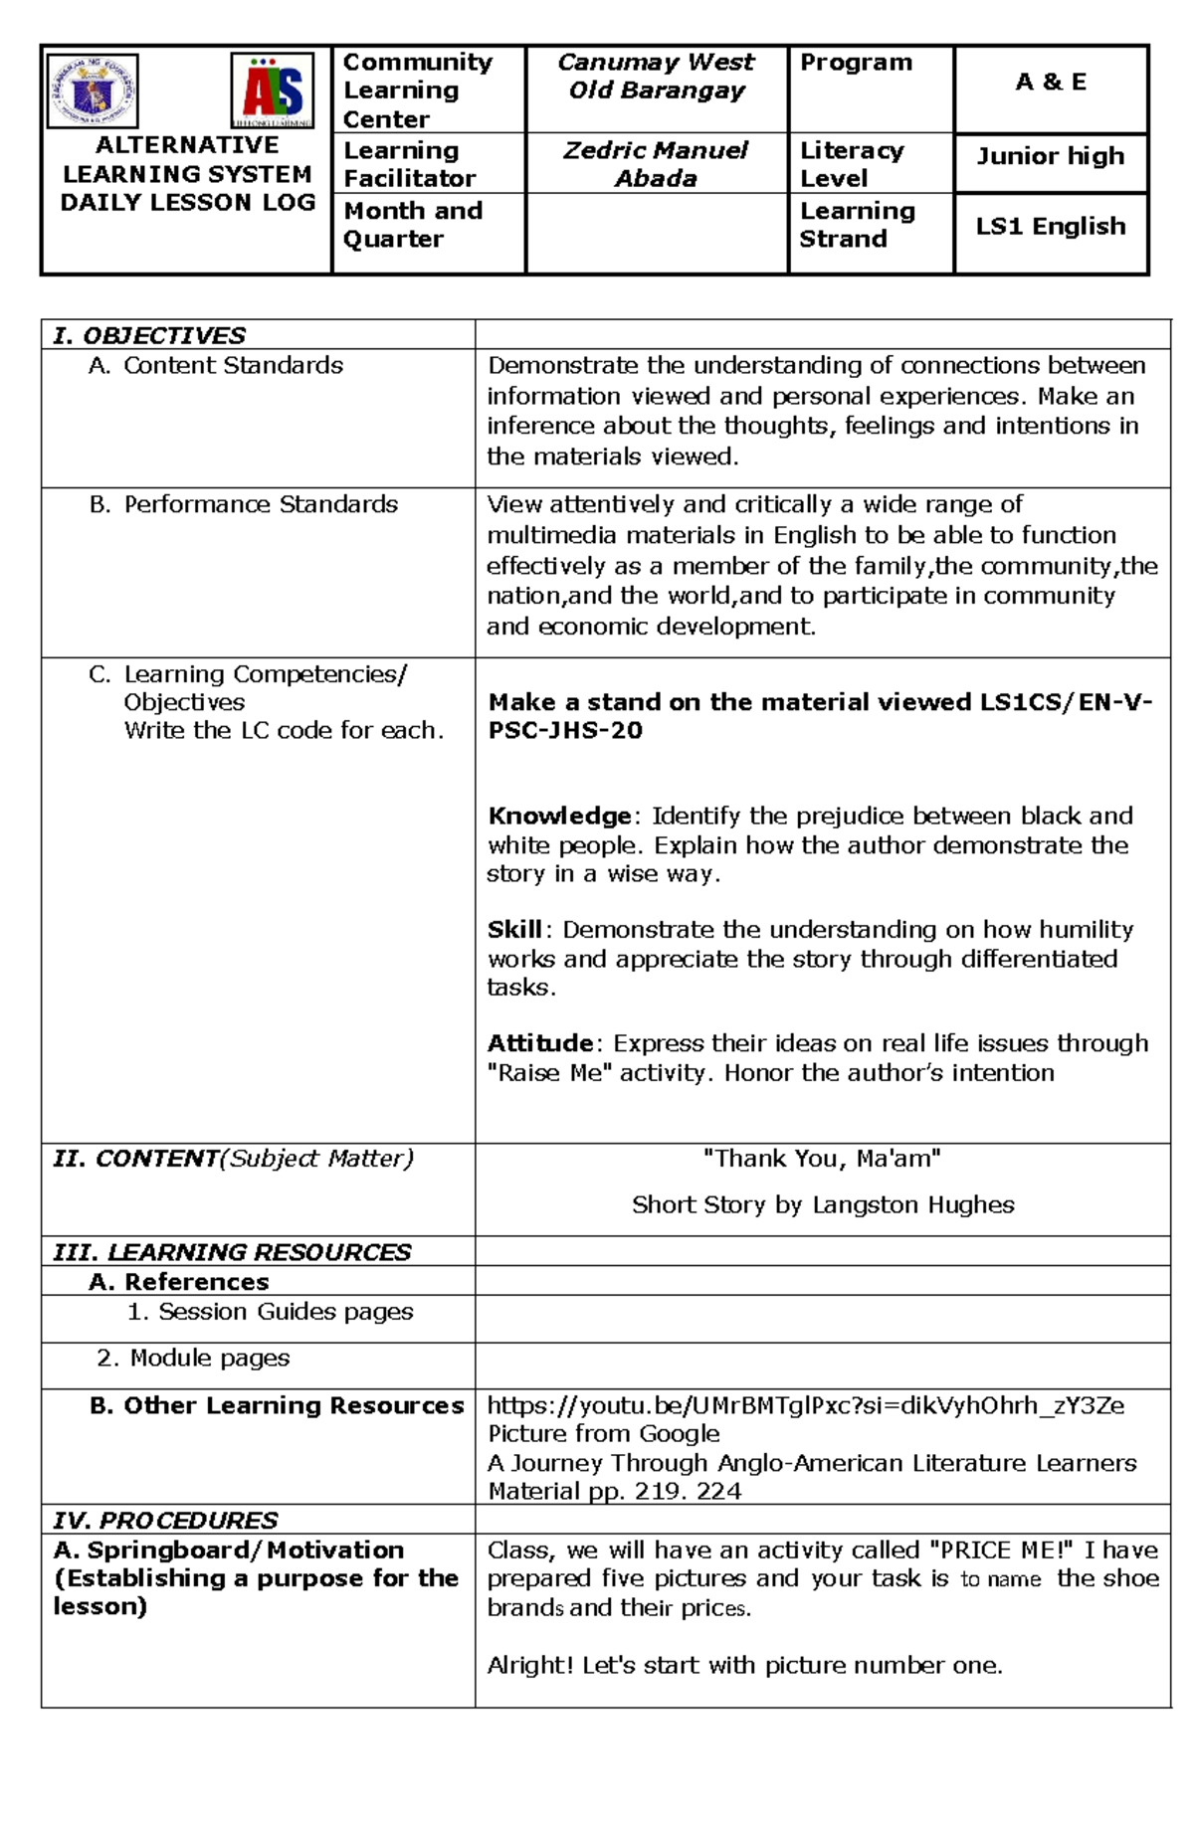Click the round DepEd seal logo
(94, 91)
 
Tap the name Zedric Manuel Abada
(656, 164)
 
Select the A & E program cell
(1051, 83)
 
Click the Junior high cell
(1051, 156)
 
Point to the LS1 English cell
(1051, 227)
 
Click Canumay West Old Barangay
(656, 77)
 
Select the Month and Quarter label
(413, 225)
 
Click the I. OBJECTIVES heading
(149, 335)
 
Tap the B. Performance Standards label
(244, 504)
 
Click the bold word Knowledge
(559, 817)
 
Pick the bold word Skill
(514, 930)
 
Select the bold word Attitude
(540, 1043)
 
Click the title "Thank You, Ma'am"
(822, 1159)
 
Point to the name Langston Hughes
(913, 1205)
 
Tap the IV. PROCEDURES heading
(165, 1520)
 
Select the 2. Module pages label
(194, 1359)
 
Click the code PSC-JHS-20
(565, 731)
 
